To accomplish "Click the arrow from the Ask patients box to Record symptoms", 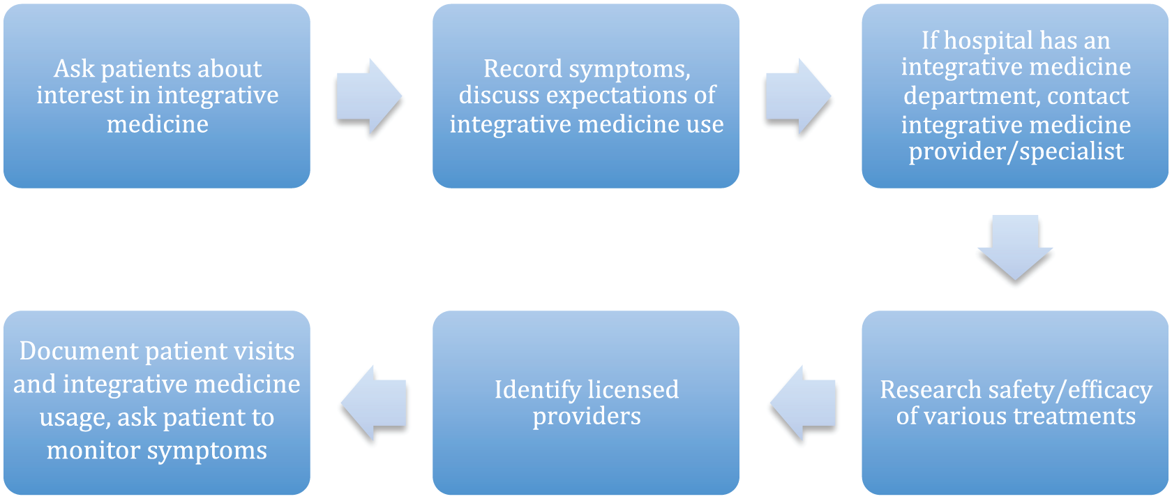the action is (369, 96).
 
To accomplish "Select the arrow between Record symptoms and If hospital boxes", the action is (798, 96).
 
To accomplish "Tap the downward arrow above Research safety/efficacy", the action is (1015, 248).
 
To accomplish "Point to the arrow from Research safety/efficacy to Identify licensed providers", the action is (802, 403).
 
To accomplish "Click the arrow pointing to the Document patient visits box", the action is (374, 403).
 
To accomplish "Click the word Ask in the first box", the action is (74, 68).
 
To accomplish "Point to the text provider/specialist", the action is (1016, 152).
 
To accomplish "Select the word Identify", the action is (538, 390).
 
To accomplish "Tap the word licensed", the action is (633, 389).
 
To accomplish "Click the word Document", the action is (79, 351).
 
